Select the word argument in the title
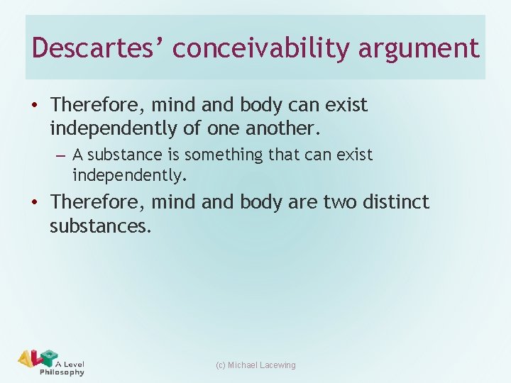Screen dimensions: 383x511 pyautogui.click(x=419, y=48)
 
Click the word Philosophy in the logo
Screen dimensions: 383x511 pyautogui.click(x=62, y=372)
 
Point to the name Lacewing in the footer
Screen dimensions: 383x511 pyautogui.click(x=278, y=365)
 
